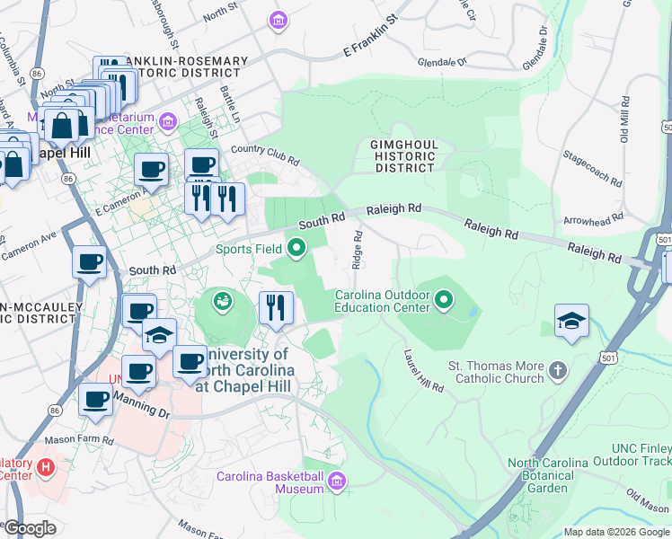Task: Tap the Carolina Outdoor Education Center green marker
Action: pyautogui.click(x=444, y=299)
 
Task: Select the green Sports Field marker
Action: pyautogui.click(x=296, y=245)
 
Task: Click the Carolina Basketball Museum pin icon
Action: pyautogui.click(x=337, y=482)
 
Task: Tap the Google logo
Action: pyautogui.click(x=30, y=529)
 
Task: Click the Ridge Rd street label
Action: pyautogui.click(x=358, y=249)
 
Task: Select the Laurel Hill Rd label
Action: pyautogui.click(x=424, y=371)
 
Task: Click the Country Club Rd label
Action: pyautogui.click(x=264, y=155)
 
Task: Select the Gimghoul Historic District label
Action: pyautogui.click(x=404, y=155)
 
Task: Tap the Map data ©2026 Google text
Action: pyautogui.click(x=615, y=532)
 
